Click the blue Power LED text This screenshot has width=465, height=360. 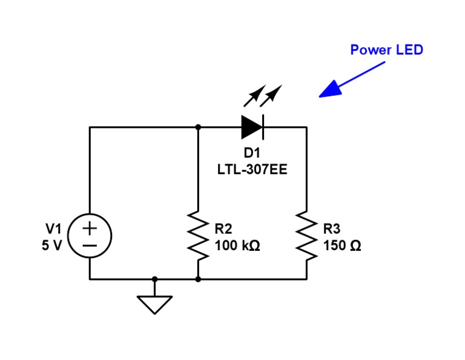386,50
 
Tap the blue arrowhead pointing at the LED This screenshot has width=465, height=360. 331,89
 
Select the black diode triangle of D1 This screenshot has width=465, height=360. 251,127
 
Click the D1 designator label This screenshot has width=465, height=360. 252,153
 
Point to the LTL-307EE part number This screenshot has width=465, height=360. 252,170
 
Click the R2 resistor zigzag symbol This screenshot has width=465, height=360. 198,236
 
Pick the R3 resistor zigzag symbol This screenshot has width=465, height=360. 306,236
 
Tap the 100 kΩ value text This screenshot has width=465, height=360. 237,245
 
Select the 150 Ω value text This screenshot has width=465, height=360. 342,245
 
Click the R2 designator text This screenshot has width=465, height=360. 223,229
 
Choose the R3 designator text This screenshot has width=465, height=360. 332,229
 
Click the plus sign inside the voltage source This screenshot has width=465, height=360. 90,228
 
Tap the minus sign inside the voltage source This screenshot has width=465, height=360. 90,245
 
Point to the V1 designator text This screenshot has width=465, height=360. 53,229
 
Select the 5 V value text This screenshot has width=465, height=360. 52,245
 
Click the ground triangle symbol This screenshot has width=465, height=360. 154,302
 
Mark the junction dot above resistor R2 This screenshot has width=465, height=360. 198,127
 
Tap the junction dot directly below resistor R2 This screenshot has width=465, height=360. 198,279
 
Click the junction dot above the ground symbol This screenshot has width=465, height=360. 154,279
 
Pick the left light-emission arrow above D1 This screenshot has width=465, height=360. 255,96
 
